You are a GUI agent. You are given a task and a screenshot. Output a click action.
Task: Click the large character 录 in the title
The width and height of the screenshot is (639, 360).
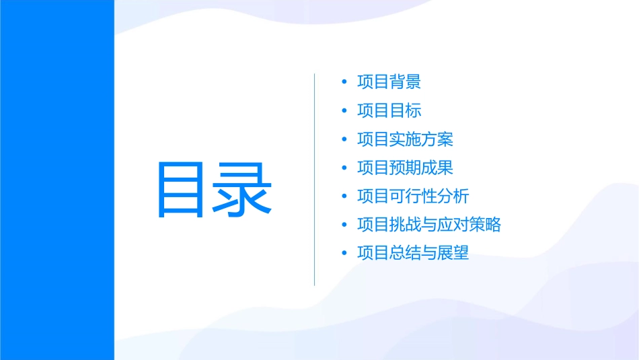(x=244, y=190)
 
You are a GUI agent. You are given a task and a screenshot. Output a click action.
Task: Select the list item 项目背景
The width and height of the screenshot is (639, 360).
(x=389, y=82)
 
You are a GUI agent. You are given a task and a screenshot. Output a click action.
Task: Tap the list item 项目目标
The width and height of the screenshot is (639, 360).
(x=389, y=111)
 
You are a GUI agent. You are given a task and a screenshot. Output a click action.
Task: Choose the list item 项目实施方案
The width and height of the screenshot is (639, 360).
(x=405, y=139)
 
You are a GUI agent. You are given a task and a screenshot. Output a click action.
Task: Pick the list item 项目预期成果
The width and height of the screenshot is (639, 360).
(x=405, y=168)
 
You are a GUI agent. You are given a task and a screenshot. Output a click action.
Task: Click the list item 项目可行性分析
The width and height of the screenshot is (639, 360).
(x=413, y=196)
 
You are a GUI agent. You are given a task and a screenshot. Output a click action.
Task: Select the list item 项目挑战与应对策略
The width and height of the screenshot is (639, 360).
(x=429, y=225)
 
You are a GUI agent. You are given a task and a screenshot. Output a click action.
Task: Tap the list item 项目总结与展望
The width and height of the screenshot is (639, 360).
(x=413, y=254)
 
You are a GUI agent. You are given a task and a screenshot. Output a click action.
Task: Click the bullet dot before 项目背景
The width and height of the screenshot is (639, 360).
(x=344, y=83)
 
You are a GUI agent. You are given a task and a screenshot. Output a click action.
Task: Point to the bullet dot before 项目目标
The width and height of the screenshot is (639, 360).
(x=344, y=111)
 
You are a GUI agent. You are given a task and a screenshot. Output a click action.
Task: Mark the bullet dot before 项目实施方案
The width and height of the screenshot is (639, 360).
(x=344, y=140)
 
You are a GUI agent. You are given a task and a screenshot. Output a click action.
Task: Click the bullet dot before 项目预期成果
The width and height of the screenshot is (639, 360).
(x=344, y=168)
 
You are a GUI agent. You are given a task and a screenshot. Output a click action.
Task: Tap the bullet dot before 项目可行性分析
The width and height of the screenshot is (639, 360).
(x=344, y=196)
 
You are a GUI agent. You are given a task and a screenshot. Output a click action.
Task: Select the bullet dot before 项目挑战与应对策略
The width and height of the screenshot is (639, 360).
(x=344, y=225)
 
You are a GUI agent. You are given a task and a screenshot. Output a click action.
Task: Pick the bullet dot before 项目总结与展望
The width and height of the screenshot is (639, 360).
(x=344, y=254)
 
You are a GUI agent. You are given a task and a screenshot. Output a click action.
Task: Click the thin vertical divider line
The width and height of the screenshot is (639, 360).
(x=315, y=179)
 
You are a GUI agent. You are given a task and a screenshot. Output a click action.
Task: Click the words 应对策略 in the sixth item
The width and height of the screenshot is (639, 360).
(x=469, y=225)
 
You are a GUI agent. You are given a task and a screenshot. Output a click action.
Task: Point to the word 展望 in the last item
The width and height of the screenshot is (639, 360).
(x=453, y=254)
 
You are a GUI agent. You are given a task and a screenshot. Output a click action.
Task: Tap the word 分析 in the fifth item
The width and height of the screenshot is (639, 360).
(x=453, y=196)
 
